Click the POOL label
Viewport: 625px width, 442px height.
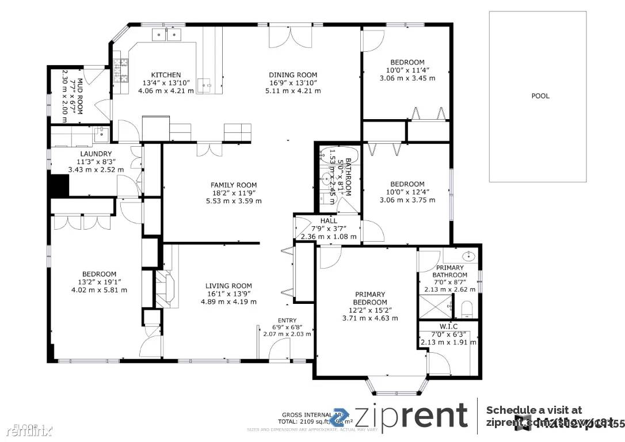[x=540, y=96]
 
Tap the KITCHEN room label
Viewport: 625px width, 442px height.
[x=166, y=75]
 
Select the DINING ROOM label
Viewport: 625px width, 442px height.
[x=293, y=75]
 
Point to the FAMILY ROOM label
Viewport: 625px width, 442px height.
[x=233, y=185]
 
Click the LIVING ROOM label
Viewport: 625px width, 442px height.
[x=228, y=286]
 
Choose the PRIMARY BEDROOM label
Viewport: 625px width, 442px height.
[x=369, y=298]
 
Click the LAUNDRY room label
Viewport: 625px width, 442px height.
[x=96, y=154]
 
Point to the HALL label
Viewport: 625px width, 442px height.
[x=329, y=220]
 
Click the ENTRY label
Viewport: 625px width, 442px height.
[x=287, y=321]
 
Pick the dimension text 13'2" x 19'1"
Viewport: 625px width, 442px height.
[x=98, y=282]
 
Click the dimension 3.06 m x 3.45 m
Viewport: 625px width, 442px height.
[x=407, y=78]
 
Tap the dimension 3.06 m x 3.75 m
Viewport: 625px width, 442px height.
[x=407, y=200]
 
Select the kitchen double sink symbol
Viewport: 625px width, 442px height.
[x=167, y=35]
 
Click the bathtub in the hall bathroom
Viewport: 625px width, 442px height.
[x=331, y=157]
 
